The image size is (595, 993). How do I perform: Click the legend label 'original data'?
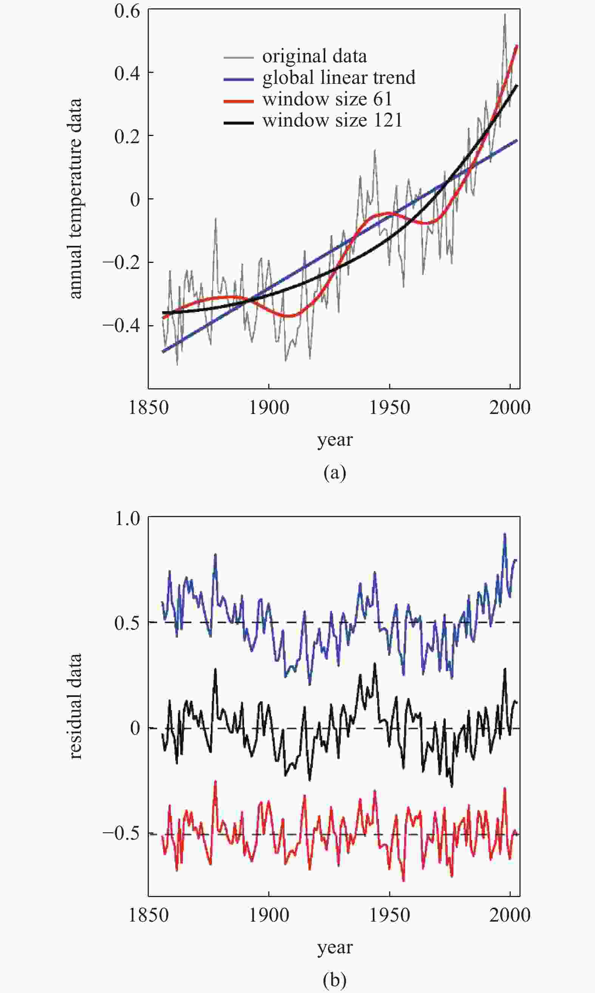coord(314,57)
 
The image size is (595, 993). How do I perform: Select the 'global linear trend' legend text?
coord(339,78)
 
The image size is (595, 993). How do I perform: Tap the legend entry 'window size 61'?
coord(327,99)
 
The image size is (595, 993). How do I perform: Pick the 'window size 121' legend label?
coord(332,120)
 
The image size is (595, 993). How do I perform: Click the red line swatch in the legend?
coord(238,101)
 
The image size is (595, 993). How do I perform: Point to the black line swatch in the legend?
coord(238,123)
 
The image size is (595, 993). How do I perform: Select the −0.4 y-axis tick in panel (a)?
coord(121,325)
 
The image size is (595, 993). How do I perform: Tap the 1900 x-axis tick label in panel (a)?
coord(269,408)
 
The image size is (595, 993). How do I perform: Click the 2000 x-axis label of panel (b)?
coord(510,915)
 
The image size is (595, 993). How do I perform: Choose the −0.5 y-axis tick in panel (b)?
coord(121,833)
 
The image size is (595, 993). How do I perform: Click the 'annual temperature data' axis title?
coord(75,199)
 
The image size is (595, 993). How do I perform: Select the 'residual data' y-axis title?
coord(75,706)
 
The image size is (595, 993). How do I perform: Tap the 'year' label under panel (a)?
coord(335,440)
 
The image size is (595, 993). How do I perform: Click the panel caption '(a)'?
coord(335,473)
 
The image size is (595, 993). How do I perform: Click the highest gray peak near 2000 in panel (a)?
coord(505,15)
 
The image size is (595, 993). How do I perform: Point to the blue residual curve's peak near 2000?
coord(505,534)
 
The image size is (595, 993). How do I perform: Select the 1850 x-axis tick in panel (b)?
coord(148,915)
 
